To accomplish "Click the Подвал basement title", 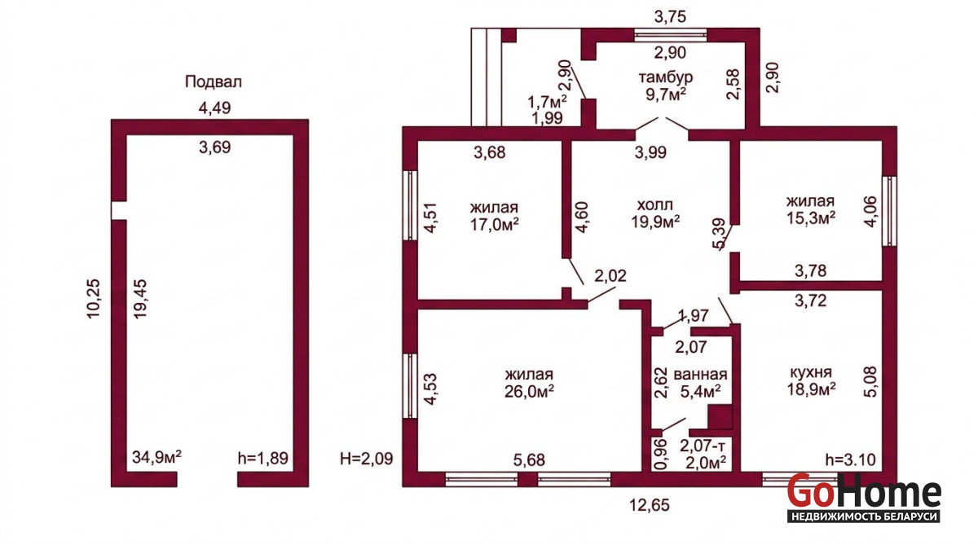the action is click(213, 82).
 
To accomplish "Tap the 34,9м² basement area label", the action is click(156, 457).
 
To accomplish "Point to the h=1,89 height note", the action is click(262, 458).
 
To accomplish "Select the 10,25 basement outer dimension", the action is click(94, 299).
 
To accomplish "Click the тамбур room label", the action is click(666, 77).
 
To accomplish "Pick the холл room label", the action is click(655, 204).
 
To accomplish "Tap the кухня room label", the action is click(811, 372).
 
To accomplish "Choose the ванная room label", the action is click(700, 375).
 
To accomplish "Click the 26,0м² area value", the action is click(529, 391).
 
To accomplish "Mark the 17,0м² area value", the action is click(494, 224).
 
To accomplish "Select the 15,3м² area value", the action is click(811, 218).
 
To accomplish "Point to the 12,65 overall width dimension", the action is click(650, 505).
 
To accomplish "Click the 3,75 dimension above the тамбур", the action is click(671, 16).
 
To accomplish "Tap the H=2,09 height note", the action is click(366, 458).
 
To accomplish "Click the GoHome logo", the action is click(864, 498).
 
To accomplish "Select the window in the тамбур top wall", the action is click(670, 35).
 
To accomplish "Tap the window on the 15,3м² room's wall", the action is click(889, 211).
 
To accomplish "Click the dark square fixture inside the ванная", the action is click(720, 417).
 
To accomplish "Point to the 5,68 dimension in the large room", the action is click(529, 460).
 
